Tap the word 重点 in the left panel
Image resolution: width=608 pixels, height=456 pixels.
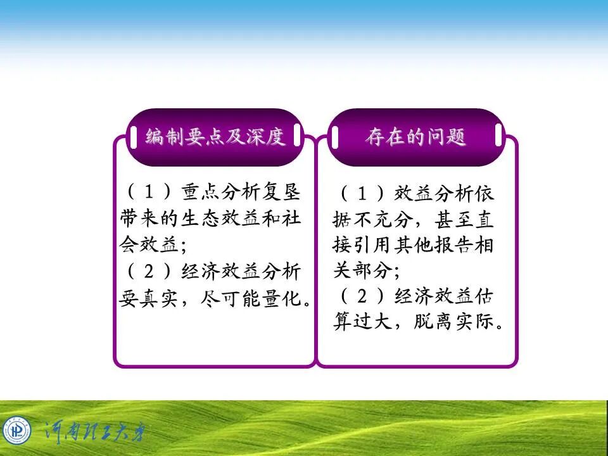pos(200,191)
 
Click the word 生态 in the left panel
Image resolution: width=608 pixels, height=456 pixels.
pos(201,218)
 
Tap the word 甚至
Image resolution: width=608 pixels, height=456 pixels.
pos(452,220)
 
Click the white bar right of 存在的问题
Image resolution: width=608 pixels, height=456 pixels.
pos(498,134)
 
